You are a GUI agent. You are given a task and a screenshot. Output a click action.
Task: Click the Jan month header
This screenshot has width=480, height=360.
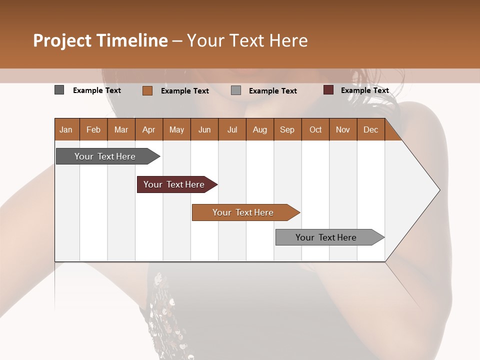[66, 129]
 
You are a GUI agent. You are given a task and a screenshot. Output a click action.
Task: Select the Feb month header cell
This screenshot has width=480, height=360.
[93, 129]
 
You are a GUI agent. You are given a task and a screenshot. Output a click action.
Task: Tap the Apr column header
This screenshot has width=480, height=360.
[148, 129]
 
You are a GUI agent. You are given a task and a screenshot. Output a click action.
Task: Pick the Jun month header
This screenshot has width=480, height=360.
[204, 129]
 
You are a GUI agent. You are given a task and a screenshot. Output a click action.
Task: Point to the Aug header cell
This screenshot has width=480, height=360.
[259, 129]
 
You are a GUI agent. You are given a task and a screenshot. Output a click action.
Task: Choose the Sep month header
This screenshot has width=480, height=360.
[287, 129]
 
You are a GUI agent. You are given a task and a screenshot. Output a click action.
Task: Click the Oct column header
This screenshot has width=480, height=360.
[315, 129]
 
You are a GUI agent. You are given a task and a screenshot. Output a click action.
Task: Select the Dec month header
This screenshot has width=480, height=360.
[370, 129]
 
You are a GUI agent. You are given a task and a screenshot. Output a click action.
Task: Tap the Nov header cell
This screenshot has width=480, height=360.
[343, 129]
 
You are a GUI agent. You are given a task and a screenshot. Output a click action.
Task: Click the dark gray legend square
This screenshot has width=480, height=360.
[59, 90]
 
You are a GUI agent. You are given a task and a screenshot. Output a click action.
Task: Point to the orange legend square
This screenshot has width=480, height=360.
[147, 90]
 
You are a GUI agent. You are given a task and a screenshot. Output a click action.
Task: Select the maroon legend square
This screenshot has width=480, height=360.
[328, 90]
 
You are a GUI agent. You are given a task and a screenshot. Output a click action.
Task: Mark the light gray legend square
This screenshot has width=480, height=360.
[236, 90]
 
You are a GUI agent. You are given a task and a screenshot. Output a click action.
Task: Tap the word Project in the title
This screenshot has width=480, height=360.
[62, 40]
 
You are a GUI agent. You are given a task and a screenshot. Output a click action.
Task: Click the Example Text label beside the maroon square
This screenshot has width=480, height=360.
[364, 90]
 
